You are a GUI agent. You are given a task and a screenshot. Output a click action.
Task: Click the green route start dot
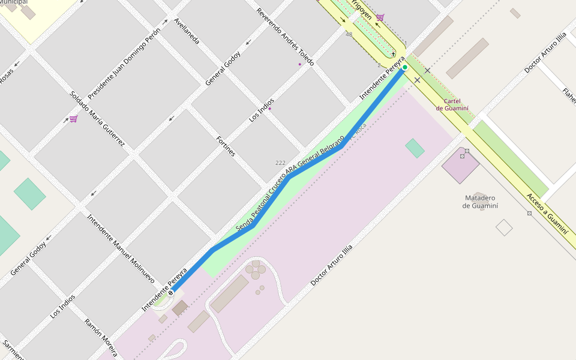pos(405,67)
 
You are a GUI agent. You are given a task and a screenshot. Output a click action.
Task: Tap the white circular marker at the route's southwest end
pos(171,293)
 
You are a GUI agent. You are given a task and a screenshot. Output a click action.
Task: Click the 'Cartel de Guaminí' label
pos(452,104)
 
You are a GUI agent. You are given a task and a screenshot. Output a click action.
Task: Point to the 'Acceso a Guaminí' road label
pos(547,213)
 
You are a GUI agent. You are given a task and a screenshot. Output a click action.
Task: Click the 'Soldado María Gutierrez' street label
pos(97,119)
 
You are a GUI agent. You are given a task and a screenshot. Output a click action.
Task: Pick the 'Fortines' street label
pos(226,146)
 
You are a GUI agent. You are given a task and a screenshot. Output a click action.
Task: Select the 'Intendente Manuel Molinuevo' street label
pos(121,248)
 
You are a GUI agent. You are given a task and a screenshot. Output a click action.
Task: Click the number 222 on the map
pos(280,163)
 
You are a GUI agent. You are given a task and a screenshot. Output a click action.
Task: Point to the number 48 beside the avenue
pos(349,34)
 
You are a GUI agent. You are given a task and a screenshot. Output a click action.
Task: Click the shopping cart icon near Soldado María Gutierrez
pos(73,119)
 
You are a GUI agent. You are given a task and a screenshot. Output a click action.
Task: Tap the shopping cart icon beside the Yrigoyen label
pos(380,17)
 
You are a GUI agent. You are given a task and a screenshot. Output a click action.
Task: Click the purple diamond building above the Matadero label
pos(461,164)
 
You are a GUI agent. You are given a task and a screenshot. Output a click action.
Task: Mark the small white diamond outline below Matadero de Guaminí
pos(504,227)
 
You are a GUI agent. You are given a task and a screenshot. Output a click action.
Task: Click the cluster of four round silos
pos(256,269)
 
